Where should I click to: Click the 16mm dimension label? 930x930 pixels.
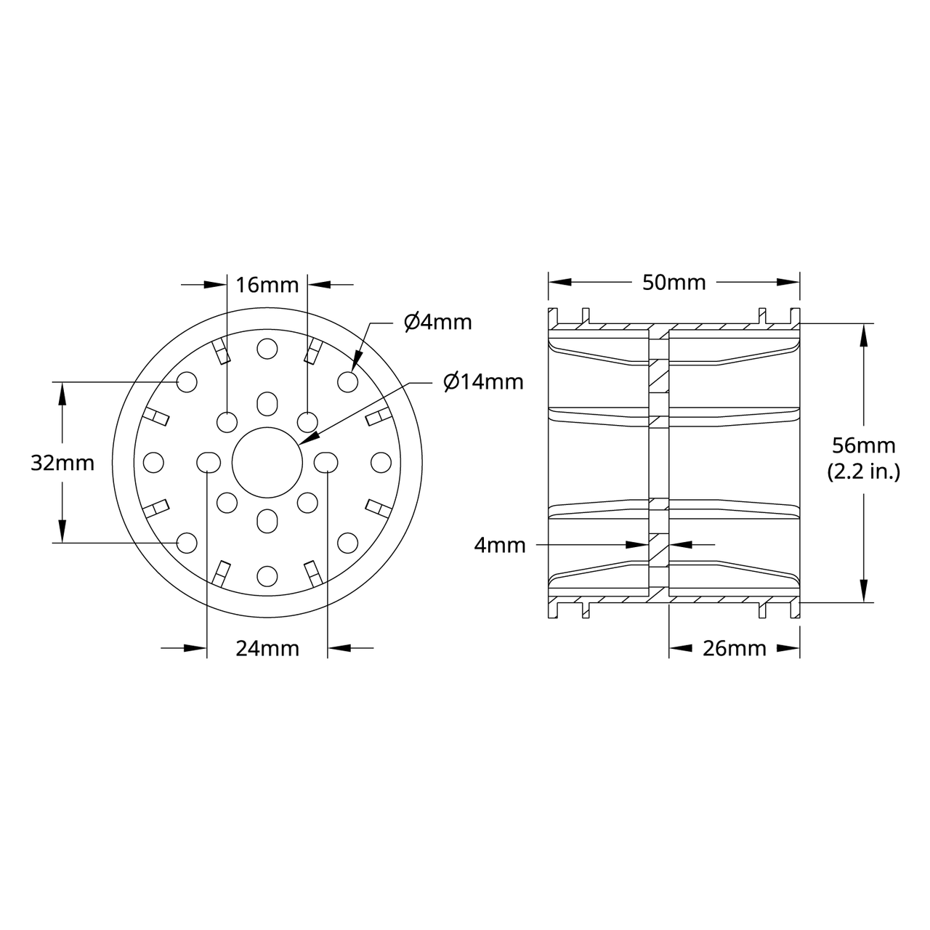pos(267,285)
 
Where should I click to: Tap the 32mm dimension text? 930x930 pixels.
pos(62,463)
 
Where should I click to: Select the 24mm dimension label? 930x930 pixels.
pos(267,648)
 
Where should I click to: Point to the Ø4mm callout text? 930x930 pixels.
pos(437,322)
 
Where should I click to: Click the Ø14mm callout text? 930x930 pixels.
pos(484,381)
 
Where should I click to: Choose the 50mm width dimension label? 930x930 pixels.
pos(674,283)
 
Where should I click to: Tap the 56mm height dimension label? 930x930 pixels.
pos(863,445)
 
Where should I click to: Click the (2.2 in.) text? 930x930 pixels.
pos(863,472)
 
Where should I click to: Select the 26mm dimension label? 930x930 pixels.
pos(734,648)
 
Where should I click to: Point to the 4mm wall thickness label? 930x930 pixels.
pos(499,545)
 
